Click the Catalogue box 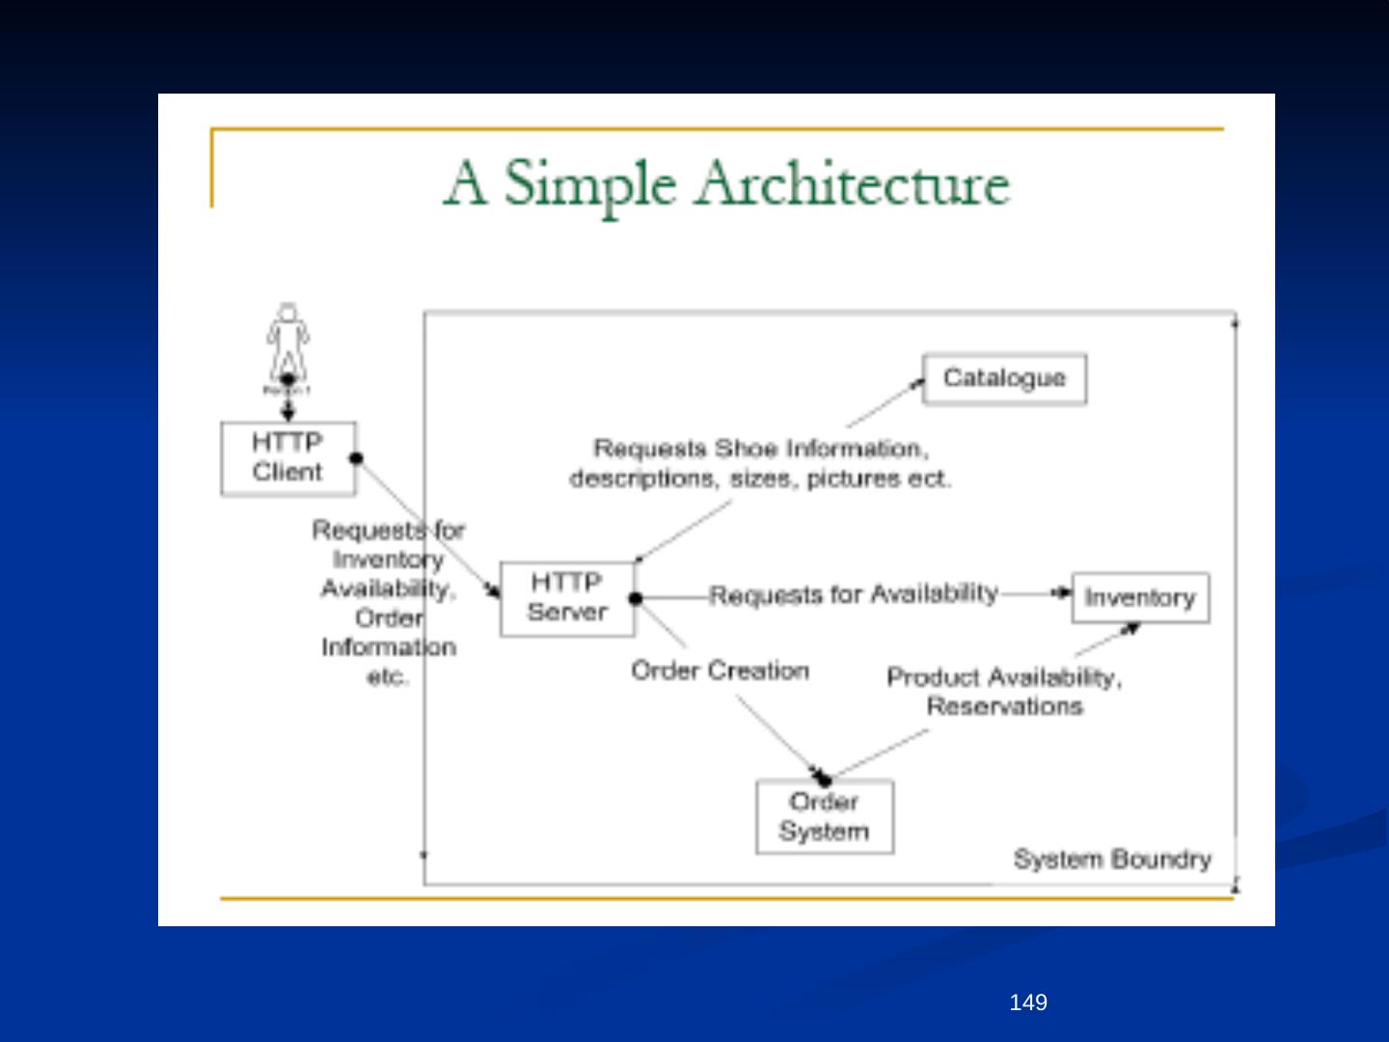point(1004,379)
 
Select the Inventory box point(1140,597)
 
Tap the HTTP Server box point(567,597)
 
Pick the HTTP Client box point(287,458)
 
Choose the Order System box point(824,816)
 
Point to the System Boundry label point(1112,859)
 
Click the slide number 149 point(1027,1002)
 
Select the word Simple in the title point(588,183)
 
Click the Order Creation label point(720,671)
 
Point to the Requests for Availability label point(854,593)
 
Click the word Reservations point(1004,706)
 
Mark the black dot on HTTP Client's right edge point(356,457)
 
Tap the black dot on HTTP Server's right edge point(635,598)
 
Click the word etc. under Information point(388,676)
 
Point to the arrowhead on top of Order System point(822,777)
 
